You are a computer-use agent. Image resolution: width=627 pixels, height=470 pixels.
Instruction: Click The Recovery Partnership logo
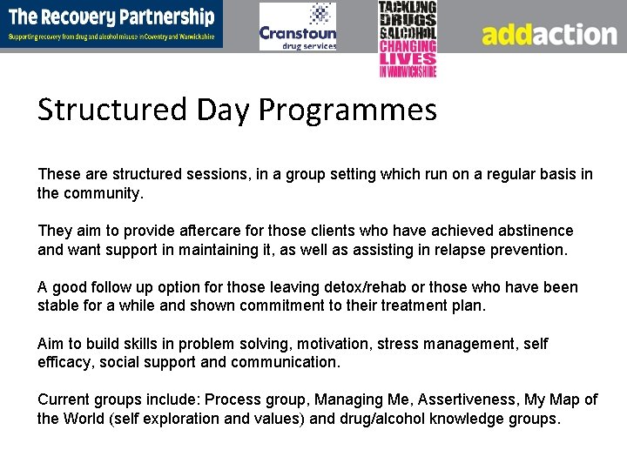pos(111,24)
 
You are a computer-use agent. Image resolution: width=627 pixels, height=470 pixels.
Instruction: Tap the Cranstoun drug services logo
pos(298,27)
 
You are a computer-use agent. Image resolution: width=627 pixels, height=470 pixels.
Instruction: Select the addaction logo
pos(549,34)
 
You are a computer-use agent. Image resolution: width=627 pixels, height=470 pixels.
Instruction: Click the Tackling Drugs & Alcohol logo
pos(408,39)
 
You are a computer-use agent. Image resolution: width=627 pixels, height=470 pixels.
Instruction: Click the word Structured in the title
pos(112,111)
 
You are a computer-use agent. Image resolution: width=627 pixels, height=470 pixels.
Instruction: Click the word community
pos(101,193)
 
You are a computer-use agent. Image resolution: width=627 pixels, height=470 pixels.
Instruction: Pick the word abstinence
pos(536,231)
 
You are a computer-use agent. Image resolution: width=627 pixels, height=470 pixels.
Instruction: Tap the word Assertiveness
pos(470,399)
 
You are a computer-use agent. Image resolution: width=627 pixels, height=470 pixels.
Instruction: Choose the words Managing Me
pos(362,399)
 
